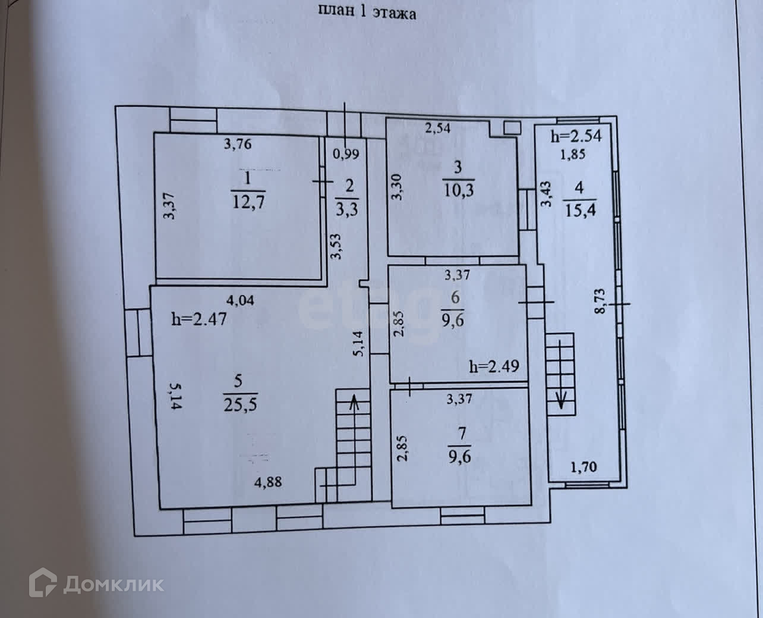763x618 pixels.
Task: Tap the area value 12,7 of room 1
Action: [248, 202]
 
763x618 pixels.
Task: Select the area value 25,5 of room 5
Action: [240, 405]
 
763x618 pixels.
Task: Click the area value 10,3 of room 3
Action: [458, 190]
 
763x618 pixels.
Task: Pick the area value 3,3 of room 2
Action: [347, 209]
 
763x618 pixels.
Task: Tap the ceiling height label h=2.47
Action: [198, 319]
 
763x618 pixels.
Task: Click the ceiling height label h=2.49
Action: [494, 366]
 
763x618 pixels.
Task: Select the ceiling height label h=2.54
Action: [576, 136]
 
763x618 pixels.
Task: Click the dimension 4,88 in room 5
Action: [268, 482]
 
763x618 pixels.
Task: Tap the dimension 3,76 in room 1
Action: [238, 143]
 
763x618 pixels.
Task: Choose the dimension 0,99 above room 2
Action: [346, 153]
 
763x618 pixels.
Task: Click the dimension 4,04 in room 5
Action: [240, 300]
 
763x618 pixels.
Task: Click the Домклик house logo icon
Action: [43, 582]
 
